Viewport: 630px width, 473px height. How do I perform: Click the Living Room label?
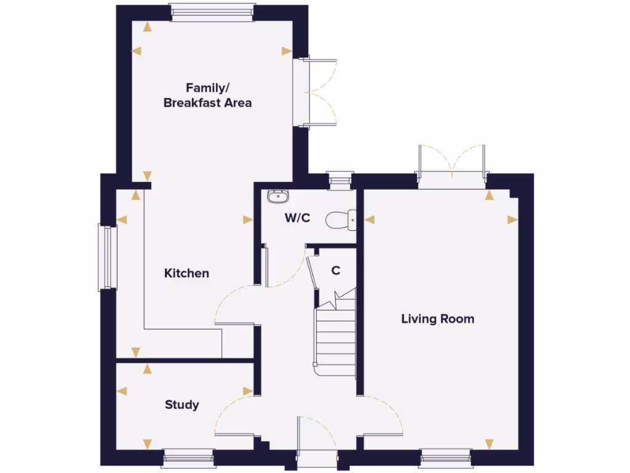pyautogui.click(x=437, y=319)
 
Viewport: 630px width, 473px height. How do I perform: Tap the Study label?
pyautogui.click(x=181, y=405)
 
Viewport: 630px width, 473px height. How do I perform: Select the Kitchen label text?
pyautogui.click(x=186, y=273)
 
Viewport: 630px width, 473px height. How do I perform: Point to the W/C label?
pyautogui.click(x=297, y=218)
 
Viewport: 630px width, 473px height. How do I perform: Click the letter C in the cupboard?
pyautogui.click(x=336, y=270)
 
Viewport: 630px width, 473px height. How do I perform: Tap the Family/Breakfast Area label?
pyautogui.click(x=207, y=95)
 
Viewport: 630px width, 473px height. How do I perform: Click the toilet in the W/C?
pyautogui.click(x=342, y=219)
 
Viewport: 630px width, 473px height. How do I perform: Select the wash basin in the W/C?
pyautogui.click(x=277, y=197)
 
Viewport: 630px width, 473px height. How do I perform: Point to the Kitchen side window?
pyautogui.click(x=107, y=257)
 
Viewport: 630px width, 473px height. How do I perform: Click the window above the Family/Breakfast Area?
pyautogui.click(x=212, y=12)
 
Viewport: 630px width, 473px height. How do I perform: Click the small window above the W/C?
pyautogui.click(x=339, y=180)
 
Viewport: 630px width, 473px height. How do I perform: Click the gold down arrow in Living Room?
pyautogui.click(x=489, y=443)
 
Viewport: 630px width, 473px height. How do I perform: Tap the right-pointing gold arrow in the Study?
pyautogui.click(x=247, y=391)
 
